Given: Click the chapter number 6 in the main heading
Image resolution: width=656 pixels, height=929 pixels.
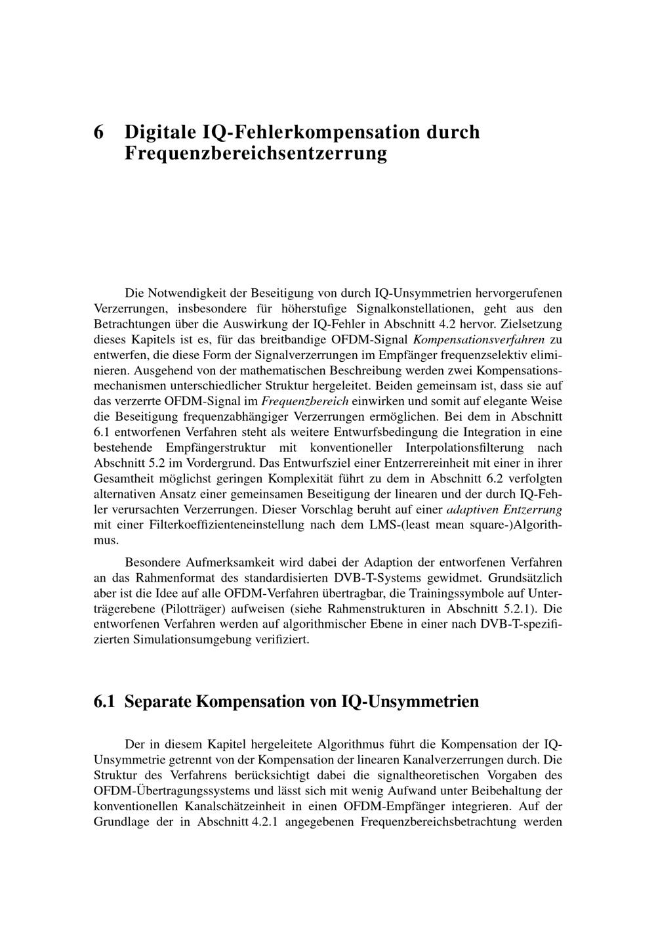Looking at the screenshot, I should (x=99, y=132).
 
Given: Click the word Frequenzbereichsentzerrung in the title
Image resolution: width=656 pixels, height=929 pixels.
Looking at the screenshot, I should (x=255, y=154).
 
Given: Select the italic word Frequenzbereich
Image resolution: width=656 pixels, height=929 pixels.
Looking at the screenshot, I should (x=305, y=401).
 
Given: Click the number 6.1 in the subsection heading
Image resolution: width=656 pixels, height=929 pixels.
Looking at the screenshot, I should (x=104, y=702).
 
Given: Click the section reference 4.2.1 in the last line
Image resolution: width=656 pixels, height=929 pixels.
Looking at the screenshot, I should (x=266, y=822).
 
